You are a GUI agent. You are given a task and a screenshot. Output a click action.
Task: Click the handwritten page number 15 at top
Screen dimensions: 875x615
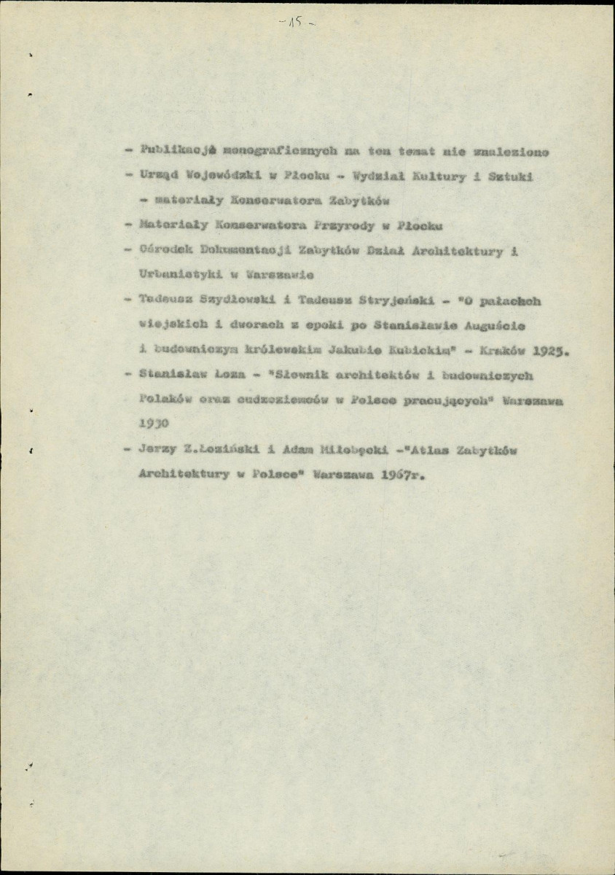[x=297, y=23]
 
